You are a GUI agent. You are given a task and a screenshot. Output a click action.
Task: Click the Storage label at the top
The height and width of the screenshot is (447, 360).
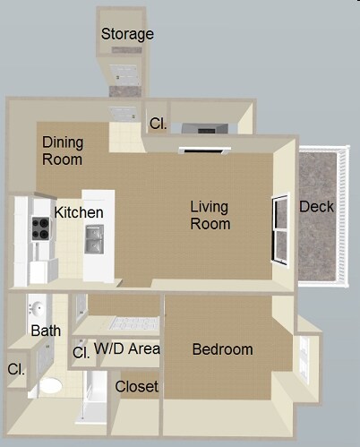127,34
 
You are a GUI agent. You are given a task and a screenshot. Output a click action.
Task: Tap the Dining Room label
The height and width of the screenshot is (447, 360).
63,150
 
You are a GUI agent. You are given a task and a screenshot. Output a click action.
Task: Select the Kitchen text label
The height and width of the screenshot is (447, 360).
79,212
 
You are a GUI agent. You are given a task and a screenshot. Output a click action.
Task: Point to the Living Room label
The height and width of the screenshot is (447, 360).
210,215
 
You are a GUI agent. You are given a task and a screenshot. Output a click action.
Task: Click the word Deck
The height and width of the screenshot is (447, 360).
316,206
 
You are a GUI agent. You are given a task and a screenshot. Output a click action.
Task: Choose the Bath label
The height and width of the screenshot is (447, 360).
46,331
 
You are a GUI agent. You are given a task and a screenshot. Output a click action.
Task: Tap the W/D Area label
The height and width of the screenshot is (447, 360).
127,348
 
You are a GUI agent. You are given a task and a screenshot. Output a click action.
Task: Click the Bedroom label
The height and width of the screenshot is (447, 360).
222,349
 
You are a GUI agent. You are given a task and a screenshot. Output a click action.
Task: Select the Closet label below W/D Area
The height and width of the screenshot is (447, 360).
137,387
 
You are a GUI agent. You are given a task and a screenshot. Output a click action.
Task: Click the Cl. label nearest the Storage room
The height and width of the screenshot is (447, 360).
158,125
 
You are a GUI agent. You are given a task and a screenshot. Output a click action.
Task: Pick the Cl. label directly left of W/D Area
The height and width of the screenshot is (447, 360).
81,352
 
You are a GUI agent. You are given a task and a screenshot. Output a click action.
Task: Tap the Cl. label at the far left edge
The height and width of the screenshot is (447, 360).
16,368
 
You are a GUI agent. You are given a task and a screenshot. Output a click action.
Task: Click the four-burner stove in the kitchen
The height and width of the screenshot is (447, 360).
41,228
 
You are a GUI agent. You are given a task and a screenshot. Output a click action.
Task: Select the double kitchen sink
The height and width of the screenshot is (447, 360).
94,239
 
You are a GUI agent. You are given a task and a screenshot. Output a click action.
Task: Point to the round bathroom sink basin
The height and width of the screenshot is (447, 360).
36,309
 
